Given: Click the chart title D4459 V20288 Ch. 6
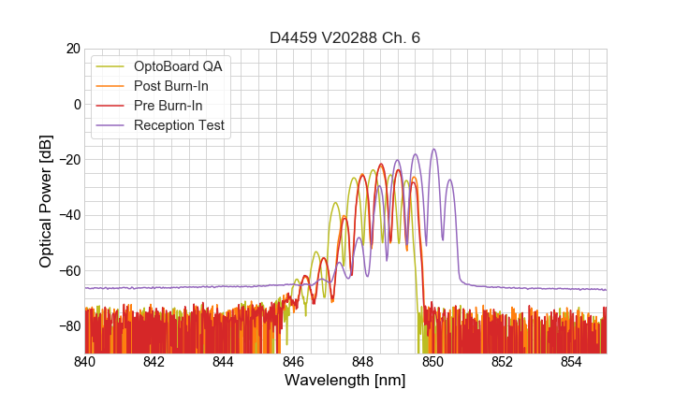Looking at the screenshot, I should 345,38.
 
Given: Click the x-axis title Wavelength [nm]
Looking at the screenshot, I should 345,381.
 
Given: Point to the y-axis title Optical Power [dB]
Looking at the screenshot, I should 46,201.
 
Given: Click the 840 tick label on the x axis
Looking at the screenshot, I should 84,362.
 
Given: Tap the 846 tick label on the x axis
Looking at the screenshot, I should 293,362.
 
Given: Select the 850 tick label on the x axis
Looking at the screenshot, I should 432,362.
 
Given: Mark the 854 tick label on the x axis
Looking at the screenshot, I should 572,362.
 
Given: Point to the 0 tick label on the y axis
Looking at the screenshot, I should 77,104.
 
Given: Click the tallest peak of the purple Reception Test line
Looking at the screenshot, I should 433,150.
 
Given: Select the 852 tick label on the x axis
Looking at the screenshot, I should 502,362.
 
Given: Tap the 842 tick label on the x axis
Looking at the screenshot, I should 154,362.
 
